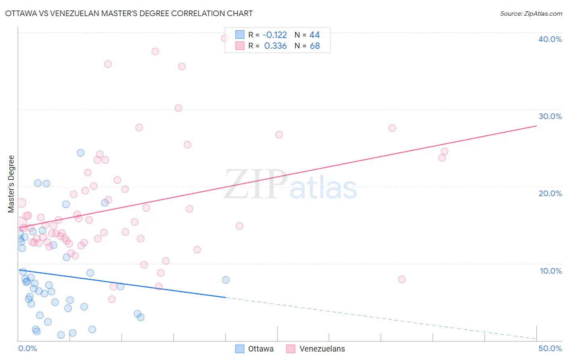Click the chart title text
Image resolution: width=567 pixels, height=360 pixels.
(129, 13)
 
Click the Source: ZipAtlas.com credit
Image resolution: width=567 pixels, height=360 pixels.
(531, 13)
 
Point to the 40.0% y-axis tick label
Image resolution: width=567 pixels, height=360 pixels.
(550, 39)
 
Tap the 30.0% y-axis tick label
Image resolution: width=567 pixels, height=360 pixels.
(550, 116)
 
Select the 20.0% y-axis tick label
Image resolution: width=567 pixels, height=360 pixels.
(550, 193)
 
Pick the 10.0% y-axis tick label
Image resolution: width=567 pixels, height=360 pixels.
(550, 271)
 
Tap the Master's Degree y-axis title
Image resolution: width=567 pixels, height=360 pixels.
(11, 184)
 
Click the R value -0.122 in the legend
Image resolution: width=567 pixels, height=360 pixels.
(275, 35)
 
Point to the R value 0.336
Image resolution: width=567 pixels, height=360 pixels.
(275, 46)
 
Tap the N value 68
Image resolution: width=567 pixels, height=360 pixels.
(315, 46)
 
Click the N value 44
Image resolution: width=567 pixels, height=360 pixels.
(315, 35)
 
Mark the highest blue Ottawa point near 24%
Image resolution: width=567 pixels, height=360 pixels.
(81, 153)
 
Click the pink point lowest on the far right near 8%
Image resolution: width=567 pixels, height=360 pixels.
(401, 279)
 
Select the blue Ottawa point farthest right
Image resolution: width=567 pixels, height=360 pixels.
(226, 280)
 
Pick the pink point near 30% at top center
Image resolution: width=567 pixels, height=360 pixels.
(178, 108)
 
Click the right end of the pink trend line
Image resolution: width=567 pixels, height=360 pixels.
(536, 126)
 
